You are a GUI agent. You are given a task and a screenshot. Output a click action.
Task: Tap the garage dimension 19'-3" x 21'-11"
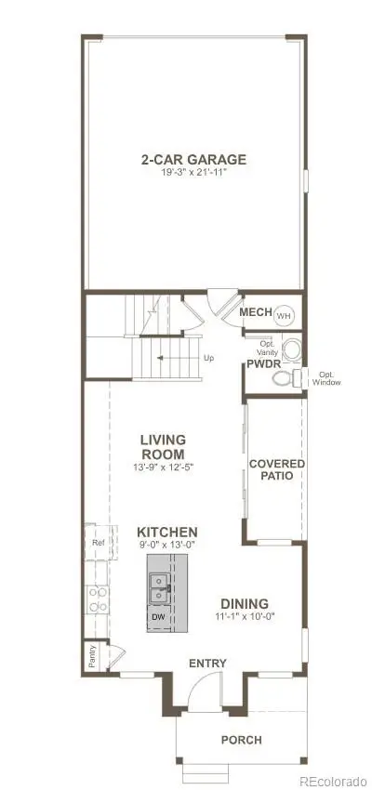(x=193, y=172)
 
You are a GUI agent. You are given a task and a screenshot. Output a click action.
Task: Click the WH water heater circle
(x=284, y=314)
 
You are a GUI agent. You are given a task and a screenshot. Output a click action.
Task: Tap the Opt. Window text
(x=325, y=378)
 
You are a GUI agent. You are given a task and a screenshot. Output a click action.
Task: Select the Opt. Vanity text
(x=267, y=346)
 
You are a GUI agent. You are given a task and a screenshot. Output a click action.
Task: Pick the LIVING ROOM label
(x=163, y=446)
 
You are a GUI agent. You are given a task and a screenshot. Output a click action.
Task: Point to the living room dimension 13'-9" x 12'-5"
(x=163, y=467)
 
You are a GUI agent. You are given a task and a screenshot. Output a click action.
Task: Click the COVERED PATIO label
(x=277, y=469)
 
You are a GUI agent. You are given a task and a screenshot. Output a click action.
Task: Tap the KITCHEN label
(x=168, y=532)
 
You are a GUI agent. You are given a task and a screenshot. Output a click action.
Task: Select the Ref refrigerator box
(x=97, y=542)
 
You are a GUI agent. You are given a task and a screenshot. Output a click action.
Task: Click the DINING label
(x=245, y=603)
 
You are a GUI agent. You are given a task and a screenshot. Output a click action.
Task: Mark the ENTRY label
(x=206, y=663)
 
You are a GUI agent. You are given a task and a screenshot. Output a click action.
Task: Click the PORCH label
(x=240, y=740)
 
